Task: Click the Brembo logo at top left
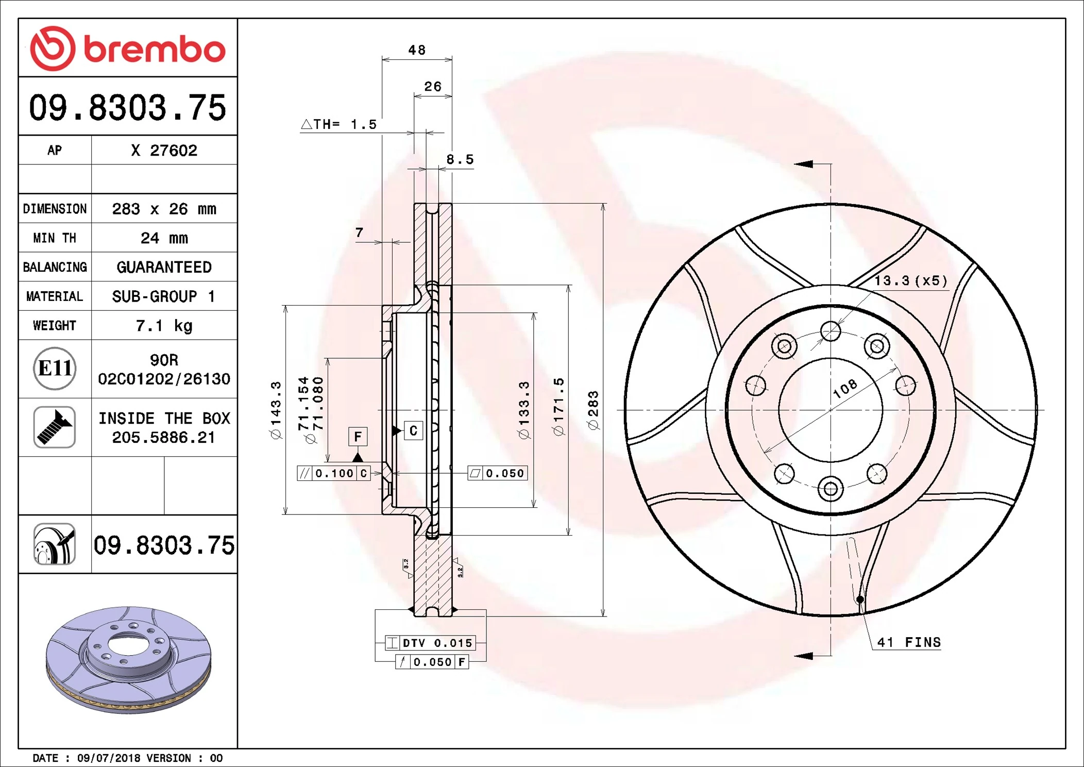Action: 127,48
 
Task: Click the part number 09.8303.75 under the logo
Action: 127,107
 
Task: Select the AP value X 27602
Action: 164,151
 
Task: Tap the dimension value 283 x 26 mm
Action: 164,209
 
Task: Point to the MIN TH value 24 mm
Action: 164,238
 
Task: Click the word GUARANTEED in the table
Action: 164,267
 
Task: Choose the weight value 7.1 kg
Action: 164,326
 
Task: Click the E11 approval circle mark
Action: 55,369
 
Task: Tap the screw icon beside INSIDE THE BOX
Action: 55,427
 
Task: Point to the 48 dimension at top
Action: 417,50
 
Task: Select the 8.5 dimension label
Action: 460,159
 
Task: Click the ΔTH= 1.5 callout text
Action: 339,124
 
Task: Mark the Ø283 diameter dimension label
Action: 593,410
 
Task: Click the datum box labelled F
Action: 358,437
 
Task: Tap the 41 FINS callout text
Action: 908,642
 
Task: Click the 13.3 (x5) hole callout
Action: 910,281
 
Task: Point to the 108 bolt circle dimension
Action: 845,388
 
